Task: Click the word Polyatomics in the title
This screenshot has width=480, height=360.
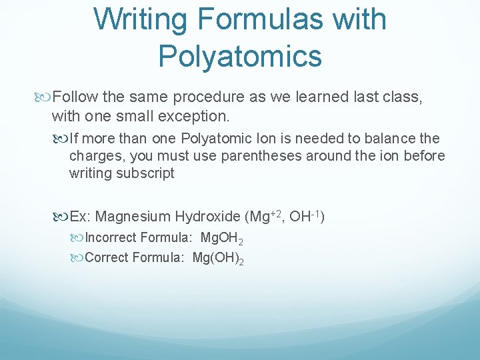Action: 240,55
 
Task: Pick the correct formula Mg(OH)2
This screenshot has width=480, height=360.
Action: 218,257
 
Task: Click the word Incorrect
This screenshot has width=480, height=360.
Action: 111,237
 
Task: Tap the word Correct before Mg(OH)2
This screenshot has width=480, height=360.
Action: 107,257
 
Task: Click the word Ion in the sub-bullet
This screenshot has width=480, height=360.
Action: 265,139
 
